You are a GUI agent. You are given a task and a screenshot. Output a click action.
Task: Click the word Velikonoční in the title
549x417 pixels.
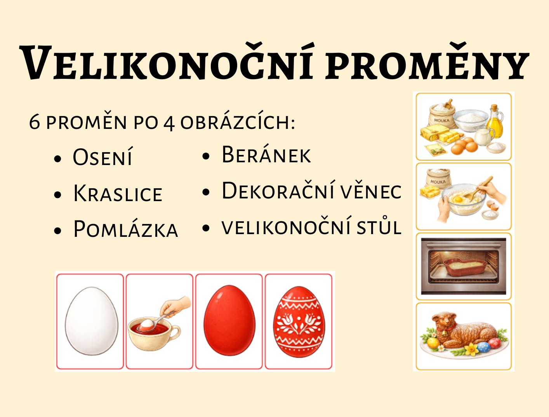pyautogui.click(x=166, y=62)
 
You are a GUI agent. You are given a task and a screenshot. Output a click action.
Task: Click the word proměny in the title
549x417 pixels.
pyautogui.click(x=427, y=62)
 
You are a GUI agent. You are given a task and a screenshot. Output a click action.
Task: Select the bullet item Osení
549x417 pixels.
pyautogui.click(x=102, y=157)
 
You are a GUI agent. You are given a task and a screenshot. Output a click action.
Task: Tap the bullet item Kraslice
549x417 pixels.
pyautogui.click(x=118, y=193)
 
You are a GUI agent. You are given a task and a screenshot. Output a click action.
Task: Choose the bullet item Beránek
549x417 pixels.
pyautogui.click(x=266, y=155)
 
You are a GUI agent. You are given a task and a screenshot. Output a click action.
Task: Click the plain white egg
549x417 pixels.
pyautogui.click(x=91, y=321)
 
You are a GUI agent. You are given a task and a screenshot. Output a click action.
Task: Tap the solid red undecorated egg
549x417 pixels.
pyautogui.click(x=229, y=320)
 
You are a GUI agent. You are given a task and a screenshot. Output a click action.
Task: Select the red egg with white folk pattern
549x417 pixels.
pyautogui.click(x=299, y=322)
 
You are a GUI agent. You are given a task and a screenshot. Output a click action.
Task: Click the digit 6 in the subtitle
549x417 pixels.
pyautogui.click(x=35, y=123)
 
